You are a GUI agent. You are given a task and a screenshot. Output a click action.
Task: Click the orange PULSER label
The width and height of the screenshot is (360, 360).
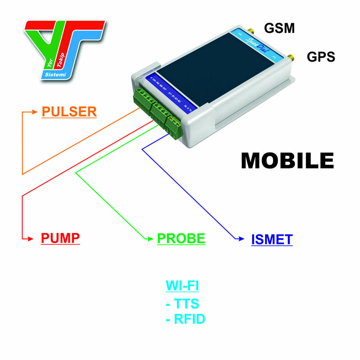(69, 111)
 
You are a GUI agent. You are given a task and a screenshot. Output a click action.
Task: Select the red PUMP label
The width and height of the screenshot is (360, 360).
(60, 238)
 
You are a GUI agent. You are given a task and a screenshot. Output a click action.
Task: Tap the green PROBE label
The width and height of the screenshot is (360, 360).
(181, 238)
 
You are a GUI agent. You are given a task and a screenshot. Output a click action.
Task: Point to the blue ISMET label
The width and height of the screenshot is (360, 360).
(272, 239)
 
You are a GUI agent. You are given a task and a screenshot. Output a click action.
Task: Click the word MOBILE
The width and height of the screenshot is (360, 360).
(287, 161)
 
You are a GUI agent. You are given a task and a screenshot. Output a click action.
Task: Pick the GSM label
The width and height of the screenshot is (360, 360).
(279, 28)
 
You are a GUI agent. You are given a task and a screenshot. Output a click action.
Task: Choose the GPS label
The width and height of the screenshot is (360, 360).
(321, 57)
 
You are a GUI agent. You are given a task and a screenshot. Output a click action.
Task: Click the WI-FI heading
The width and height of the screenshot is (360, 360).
(182, 286)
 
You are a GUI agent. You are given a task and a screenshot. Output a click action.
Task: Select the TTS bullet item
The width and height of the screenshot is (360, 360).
(182, 303)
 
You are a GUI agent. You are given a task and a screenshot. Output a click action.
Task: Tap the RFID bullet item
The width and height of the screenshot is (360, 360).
(185, 319)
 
